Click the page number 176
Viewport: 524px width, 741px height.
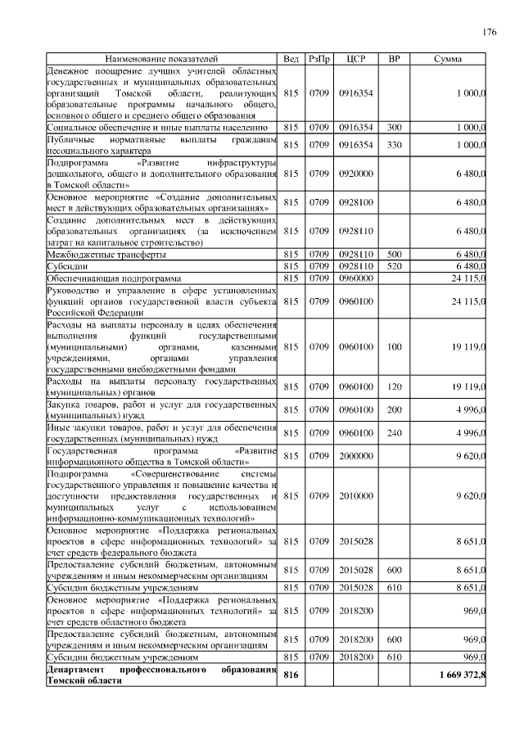pos(489,32)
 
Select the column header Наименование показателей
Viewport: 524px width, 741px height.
pos(161,59)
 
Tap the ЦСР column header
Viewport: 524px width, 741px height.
pos(355,59)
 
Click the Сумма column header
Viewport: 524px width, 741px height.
pos(447,59)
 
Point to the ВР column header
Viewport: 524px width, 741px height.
pos(394,59)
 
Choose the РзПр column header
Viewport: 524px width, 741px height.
pos(318,59)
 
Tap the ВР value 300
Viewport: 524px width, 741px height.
pos(394,128)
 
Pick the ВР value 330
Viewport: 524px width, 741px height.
pos(394,145)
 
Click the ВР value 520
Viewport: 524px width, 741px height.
pos(394,266)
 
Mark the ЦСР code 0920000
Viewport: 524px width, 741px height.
pos(355,174)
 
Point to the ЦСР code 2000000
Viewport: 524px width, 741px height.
pos(355,456)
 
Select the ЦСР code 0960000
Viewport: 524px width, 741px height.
pos(355,278)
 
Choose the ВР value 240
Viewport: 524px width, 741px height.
pos(394,433)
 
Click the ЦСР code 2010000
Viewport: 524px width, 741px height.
pos(355,496)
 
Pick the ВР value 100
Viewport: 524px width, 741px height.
pos(394,347)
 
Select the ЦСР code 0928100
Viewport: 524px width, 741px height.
pos(355,203)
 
